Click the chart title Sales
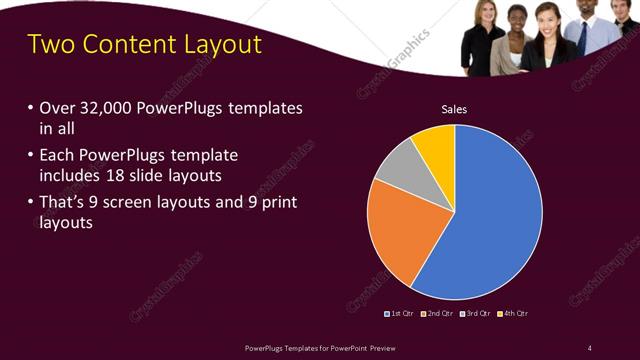click(454, 109)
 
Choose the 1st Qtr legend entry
click(400, 313)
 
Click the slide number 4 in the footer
click(590, 347)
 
